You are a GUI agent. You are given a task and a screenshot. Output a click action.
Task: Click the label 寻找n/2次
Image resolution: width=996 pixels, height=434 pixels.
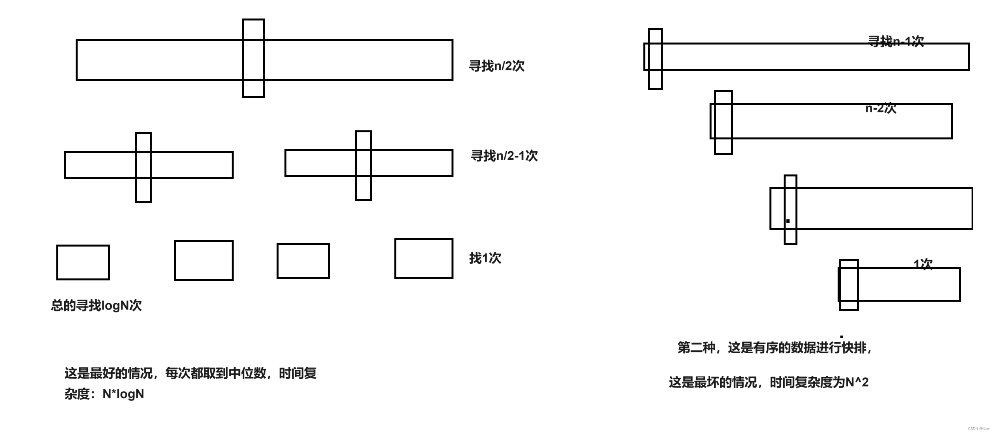pyautogui.click(x=496, y=66)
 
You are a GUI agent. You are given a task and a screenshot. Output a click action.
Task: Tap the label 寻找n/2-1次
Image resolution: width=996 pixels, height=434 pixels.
pyautogui.click(x=504, y=156)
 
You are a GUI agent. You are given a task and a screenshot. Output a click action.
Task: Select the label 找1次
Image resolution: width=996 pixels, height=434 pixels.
pyautogui.click(x=485, y=258)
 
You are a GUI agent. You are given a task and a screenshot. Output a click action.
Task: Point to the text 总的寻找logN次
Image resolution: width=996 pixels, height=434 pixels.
pyautogui.click(x=96, y=306)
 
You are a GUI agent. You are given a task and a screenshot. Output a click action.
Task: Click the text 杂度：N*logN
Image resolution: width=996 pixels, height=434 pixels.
pyautogui.click(x=104, y=394)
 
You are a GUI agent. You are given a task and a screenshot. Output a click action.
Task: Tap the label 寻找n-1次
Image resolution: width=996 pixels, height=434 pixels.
pyautogui.click(x=896, y=41)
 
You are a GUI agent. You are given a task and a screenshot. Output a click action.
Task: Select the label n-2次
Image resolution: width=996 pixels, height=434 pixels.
pyautogui.click(x=881, y=108)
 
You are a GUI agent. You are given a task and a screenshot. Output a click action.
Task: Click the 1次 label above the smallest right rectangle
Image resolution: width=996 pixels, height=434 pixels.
pyautogui.click(x=923, y=264)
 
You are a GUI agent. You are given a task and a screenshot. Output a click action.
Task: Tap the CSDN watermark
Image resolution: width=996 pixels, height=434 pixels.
pyautogui.click(x=979, y=428)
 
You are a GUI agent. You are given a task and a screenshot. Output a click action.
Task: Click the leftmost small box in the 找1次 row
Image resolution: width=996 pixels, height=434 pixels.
pyautogui.click(x=83, y=262)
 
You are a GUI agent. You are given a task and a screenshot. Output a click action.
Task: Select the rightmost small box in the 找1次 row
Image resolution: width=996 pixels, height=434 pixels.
pyautogui.click(x=424, y=259)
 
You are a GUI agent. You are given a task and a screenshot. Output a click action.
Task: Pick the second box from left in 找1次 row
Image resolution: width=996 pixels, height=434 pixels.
pyautogui.click(x=204, y=260)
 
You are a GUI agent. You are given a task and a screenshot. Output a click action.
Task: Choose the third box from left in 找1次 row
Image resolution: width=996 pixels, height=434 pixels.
pyautogui.click(x=303, y=261)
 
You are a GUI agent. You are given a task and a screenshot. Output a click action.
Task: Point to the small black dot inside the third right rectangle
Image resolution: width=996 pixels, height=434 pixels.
pyautogui.click(x=788, y=221)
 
